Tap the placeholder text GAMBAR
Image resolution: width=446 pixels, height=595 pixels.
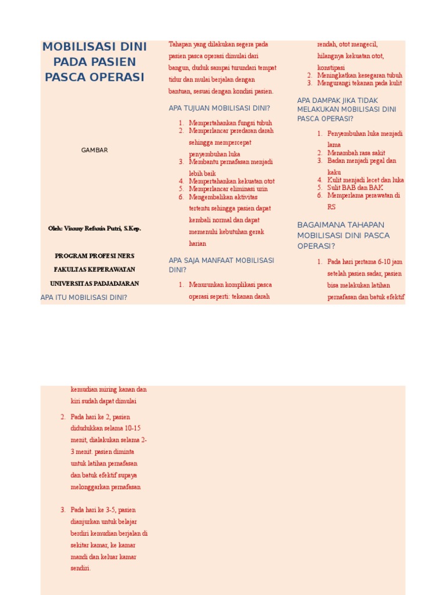(94, 150)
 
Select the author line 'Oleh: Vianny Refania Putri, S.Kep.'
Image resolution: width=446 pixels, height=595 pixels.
(94, 228)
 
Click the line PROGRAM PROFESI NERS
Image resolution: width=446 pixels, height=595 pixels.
(94, 255)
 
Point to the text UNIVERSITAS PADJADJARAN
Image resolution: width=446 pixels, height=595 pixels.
(94, 284)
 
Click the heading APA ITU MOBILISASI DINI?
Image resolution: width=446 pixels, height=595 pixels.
(84, 297)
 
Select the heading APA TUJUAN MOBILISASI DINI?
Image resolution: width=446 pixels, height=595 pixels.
(219, 108)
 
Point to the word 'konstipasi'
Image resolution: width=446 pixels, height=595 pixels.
(331, 67)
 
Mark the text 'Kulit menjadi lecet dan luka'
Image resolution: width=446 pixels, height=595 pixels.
(365, 180)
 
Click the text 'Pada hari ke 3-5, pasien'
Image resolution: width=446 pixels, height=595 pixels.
(103, 510)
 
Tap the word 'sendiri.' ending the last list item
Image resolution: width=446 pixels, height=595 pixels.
(81, 568)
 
